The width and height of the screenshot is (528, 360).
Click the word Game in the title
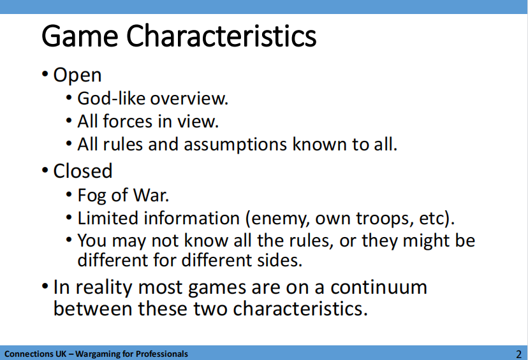(x=80, y=36)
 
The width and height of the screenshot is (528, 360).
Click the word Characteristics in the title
(x=221, y=36)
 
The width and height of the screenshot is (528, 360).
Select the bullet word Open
(x=77, y=75)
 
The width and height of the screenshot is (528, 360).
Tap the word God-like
(x=111, y=99)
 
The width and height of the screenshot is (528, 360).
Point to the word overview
(x=189, y=99)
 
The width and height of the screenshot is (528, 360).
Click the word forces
(x=128, y=121)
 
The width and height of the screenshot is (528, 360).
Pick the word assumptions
(x=235, y=145)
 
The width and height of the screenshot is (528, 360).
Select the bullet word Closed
(x=83, y=171)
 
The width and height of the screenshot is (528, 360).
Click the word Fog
(x=92, y=196)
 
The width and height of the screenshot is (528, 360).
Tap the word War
(x=151, y=195)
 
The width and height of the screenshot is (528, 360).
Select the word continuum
(x=379, y=287)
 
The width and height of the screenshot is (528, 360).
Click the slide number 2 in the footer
(x=518, y=354)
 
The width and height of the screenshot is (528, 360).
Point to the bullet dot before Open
(x=45, y=74)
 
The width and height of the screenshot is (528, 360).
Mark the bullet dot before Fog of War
(x=69, y=194)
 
